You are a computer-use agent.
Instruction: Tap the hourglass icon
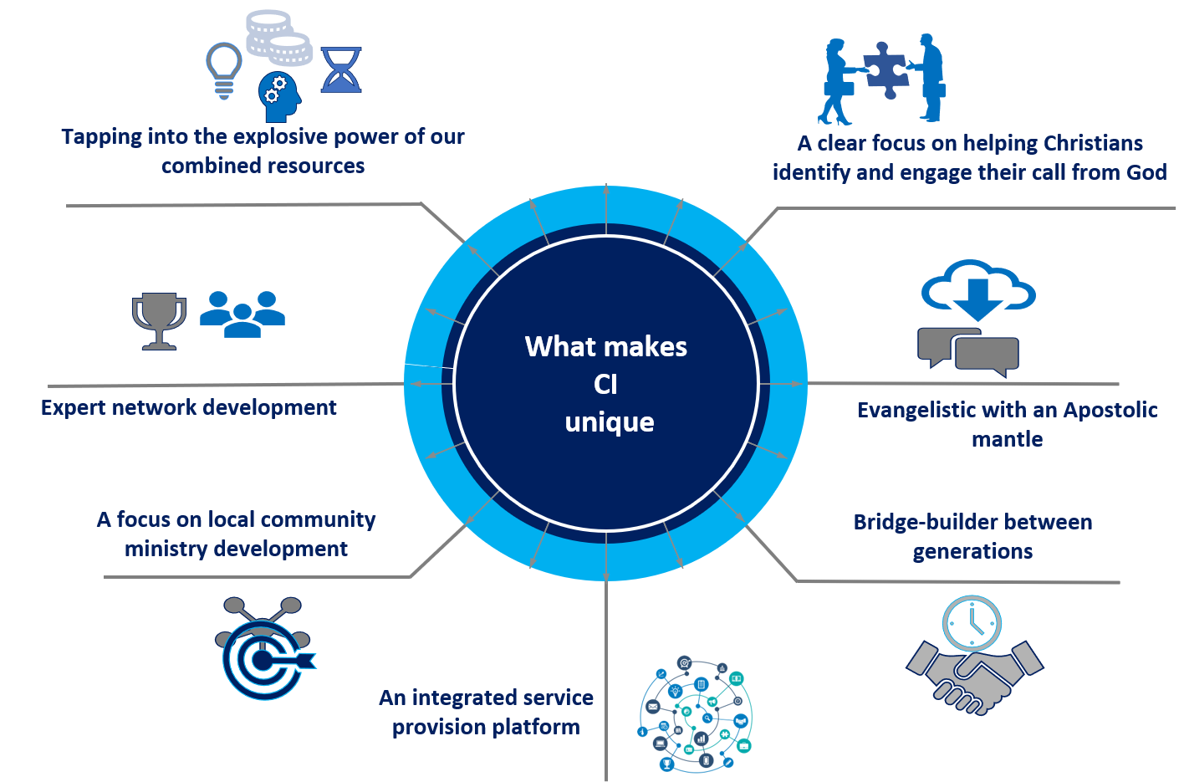point(341,69)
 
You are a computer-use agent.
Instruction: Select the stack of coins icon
point(278,38)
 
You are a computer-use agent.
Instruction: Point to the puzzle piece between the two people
point(885,68)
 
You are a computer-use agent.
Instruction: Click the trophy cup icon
point(159,319)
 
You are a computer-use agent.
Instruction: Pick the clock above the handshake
point(972,623)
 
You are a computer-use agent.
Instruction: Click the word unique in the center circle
point(610,422)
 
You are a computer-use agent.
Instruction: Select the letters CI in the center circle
point(605,384)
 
